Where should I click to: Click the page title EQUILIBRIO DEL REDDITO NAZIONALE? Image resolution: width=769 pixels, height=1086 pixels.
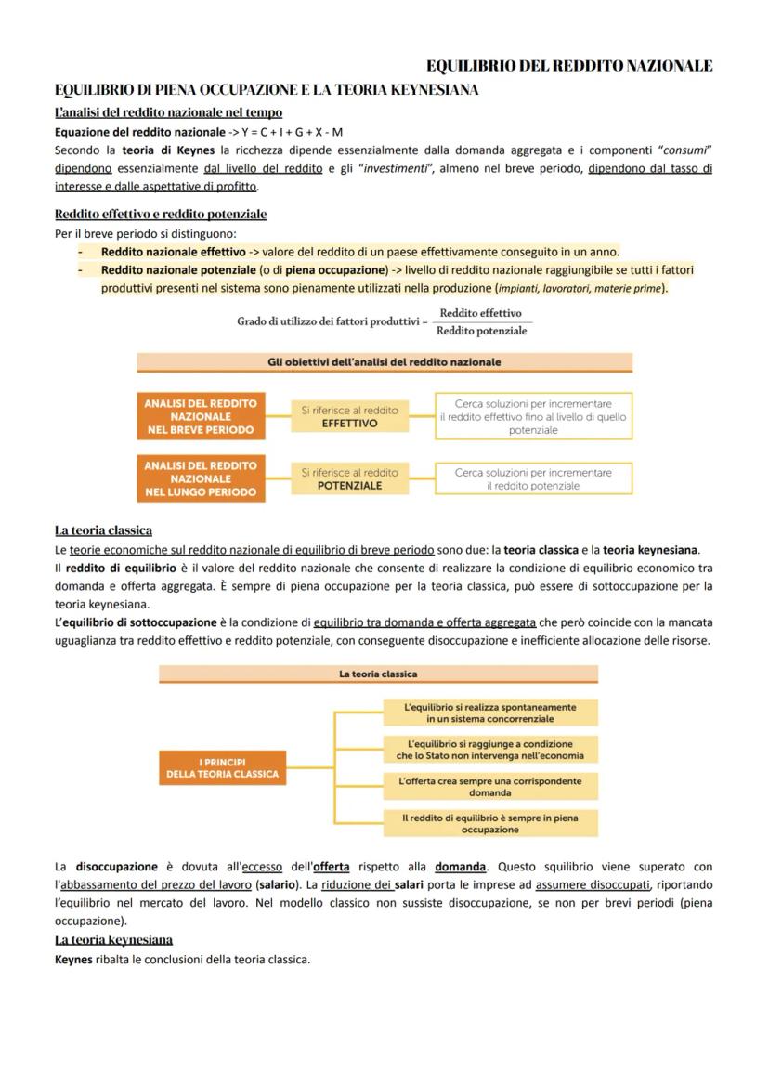point(569,66)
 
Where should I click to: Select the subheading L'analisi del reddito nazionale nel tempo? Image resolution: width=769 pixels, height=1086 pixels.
point(155,112)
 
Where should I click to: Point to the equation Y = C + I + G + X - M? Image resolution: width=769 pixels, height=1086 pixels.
point(293,132)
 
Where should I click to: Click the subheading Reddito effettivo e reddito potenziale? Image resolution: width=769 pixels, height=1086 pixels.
point(161,214)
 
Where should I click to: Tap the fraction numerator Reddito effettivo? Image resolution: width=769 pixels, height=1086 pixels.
point(480,313)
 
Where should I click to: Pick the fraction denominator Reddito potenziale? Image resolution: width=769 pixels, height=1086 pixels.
point(481,331)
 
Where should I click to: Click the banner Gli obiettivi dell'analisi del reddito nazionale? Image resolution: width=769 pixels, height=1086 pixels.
point(384,361)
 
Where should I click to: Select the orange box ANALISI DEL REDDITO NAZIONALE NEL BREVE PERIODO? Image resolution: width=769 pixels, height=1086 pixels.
point(200,416)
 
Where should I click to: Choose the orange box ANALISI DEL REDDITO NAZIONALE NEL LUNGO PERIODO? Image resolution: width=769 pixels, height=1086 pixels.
point(200,478)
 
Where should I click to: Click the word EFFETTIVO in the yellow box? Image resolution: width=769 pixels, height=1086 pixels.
point(349,424)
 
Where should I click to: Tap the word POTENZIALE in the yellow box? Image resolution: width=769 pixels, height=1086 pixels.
point(349,486)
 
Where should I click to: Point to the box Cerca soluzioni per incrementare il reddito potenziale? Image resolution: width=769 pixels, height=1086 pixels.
point(533,478)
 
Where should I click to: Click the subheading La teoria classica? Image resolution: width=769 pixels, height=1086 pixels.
point(103,530)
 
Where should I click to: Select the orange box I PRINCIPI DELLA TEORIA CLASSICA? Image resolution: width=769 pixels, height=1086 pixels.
point(222,767)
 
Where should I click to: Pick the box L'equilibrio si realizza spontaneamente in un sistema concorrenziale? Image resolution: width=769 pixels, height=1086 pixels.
point(490,713)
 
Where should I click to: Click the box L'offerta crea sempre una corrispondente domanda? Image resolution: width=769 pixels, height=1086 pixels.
point(490,787)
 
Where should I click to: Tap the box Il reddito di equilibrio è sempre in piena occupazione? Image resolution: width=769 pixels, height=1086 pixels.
point(490,823)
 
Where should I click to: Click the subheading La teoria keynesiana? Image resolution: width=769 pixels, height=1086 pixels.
point(113,939)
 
